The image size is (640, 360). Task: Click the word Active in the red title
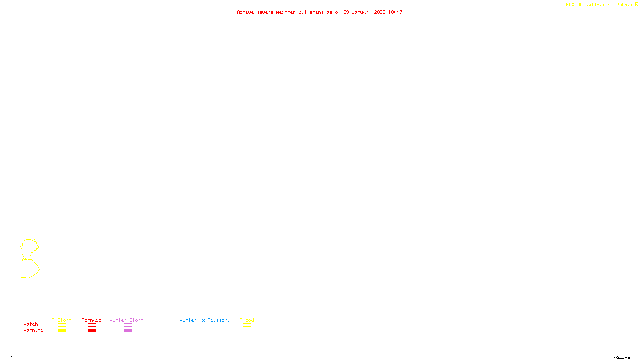tap(245, 12)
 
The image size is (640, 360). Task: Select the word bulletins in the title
tap(311, 12)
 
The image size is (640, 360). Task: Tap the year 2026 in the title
tap(380, 12)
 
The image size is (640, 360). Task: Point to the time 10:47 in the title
tap(395, 12)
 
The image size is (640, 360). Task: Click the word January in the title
tap(361, 12)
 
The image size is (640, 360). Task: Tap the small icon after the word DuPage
tap(636, 4)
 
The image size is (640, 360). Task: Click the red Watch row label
tap(31, 324)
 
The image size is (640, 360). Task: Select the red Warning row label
tap(33, 330)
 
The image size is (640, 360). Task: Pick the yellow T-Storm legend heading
tap(62, 320)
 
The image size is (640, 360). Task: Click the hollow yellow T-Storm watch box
tap(62, 325)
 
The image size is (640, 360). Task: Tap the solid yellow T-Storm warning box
tap(62, 331)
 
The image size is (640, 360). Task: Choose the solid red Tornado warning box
tap(92, 331)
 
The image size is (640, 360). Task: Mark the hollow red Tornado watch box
tap(92, 325)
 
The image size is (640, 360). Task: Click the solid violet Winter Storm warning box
tap(128, 331)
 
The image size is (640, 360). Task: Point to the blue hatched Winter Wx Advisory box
tap(204, 331)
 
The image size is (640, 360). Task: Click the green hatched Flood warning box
tap(247, 331)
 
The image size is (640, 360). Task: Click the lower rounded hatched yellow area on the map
tap(29, 268)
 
